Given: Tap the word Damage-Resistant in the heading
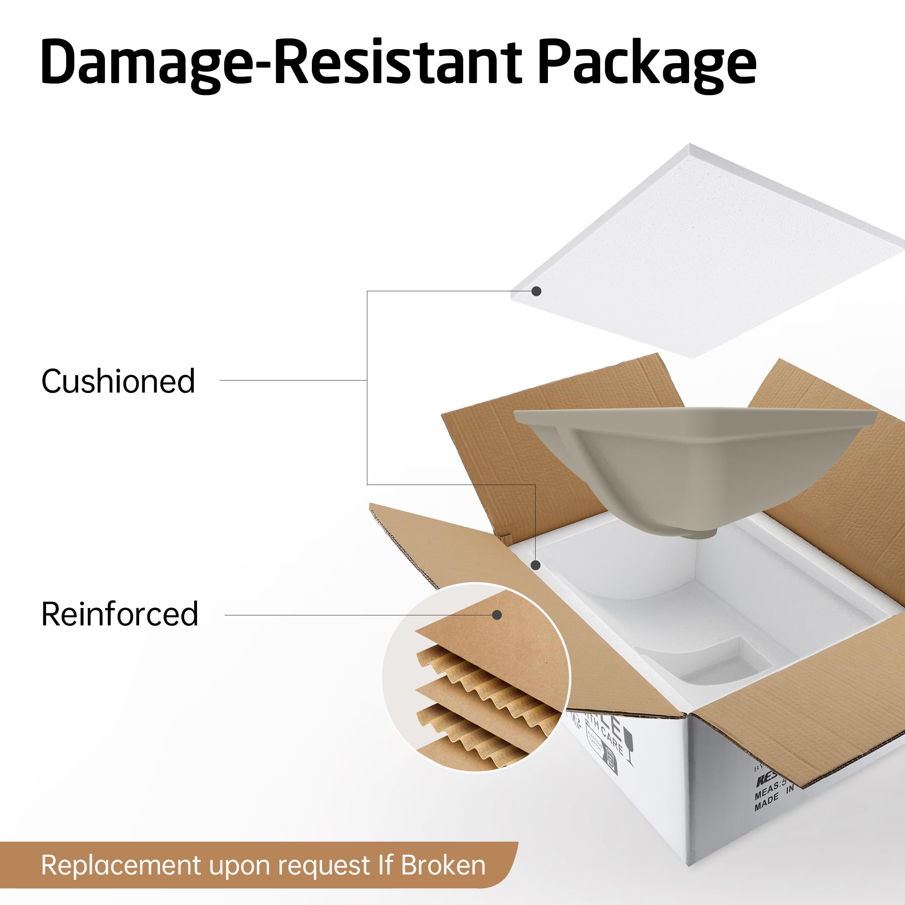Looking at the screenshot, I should pos(281,63).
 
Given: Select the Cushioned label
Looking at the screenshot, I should pos(118,381).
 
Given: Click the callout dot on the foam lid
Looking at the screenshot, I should pos(537,291).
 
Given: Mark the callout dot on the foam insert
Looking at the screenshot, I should pos(536,565).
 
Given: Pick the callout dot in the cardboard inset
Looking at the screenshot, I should pos(497,615).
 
